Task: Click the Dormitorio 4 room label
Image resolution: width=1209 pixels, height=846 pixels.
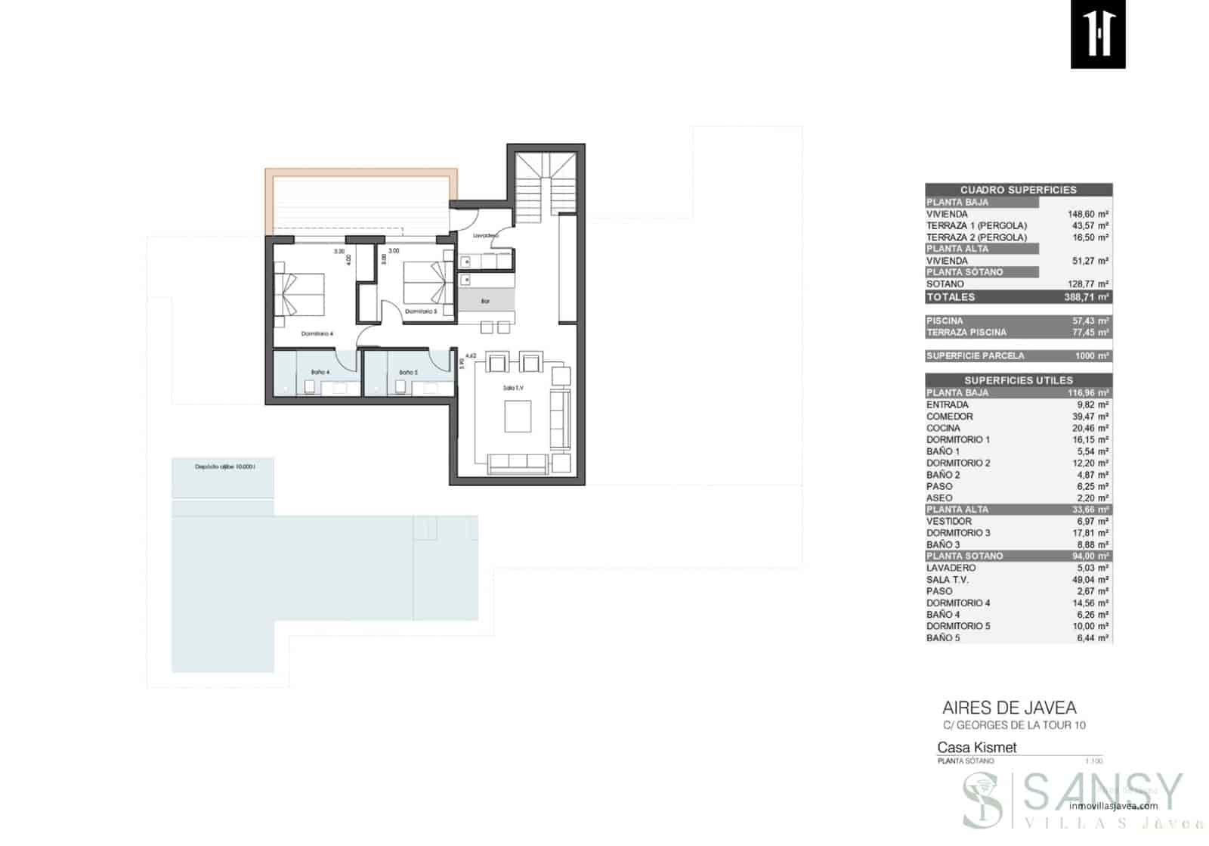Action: (317, 333)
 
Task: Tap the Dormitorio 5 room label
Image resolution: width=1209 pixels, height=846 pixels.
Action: (421, 311)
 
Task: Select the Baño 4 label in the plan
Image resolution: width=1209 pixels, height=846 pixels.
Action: (320, 373)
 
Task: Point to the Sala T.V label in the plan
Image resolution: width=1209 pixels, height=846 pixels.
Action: (513, 388)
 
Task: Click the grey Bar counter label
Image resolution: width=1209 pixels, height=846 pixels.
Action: (485, 302)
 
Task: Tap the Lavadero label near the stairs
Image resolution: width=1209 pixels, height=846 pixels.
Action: (486, 236)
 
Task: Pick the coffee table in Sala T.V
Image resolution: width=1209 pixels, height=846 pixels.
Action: (518, 416)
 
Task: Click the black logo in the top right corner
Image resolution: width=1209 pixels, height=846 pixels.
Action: (1098, 34)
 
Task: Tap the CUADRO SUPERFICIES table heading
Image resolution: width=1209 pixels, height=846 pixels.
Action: (1018, 190)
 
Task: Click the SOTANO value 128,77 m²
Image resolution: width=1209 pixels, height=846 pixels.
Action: (1087, 284)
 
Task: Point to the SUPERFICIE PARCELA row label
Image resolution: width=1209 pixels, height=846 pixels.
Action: (976, 356)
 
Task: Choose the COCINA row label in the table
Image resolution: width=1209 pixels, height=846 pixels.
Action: (943, 428)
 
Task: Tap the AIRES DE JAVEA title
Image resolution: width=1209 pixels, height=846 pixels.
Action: (1009, 708)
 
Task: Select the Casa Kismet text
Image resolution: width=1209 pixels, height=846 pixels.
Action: (976, 748)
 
